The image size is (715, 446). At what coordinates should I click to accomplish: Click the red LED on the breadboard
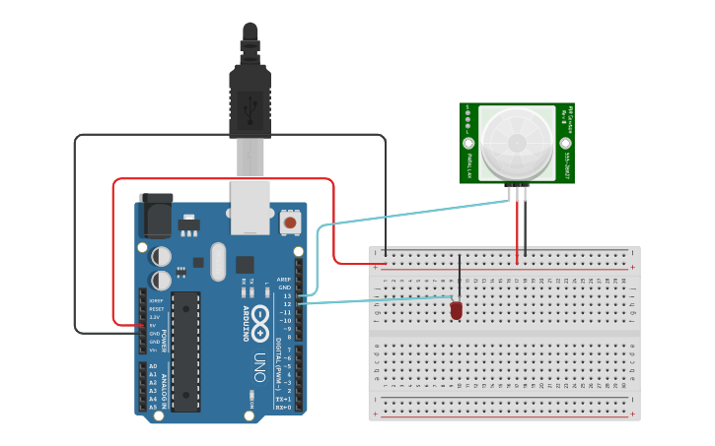click(456, 310)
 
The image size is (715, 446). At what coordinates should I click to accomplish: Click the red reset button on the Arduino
click(290, 223)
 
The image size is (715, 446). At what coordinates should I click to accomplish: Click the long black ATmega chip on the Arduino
click(185, 350)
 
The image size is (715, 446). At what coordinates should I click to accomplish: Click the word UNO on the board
click(259, 367)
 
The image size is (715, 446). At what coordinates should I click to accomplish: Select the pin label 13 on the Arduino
click(287, 295)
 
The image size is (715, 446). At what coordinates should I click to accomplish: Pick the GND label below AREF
click(285, 287)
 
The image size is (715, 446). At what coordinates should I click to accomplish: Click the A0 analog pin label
click(153, 366)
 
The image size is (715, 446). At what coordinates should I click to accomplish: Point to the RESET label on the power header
click(156, 308)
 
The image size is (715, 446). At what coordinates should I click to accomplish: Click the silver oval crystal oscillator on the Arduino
click(218, 262)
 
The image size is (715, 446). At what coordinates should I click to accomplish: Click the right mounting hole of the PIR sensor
click(566, 143)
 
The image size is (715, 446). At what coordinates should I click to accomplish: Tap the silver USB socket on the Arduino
click(250, 207)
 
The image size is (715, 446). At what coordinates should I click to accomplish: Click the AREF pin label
click(284, 279)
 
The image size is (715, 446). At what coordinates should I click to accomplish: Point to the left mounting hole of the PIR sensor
click(468, 143)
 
